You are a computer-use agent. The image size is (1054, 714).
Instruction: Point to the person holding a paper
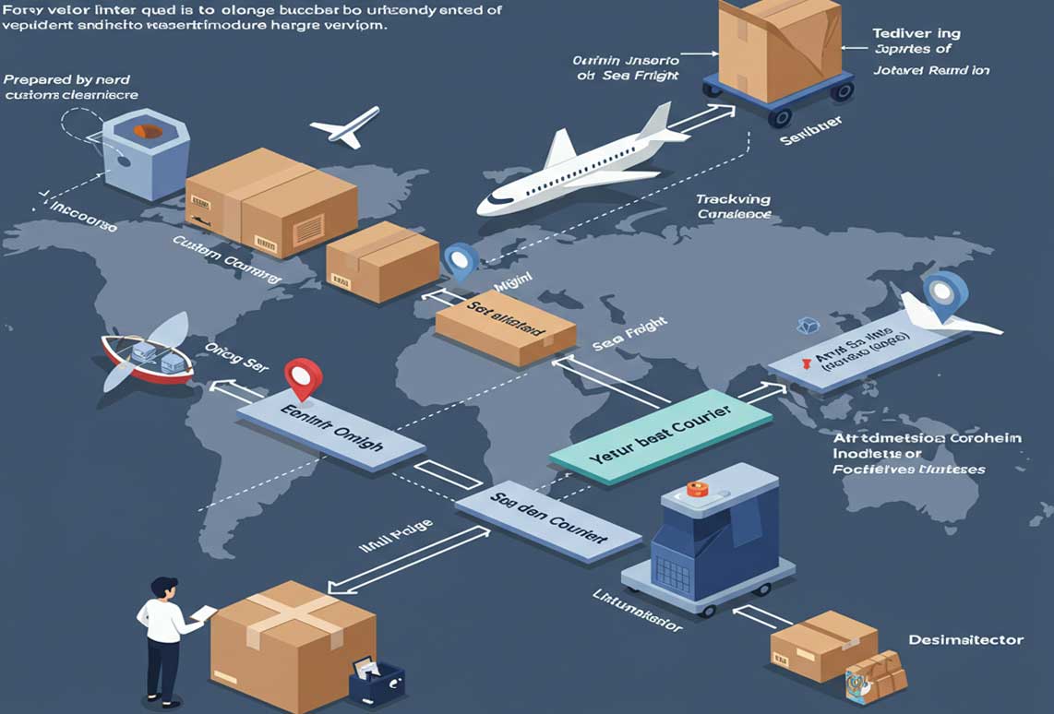[x=164, y=637]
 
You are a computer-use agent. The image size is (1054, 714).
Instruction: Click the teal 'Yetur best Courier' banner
[x=660, y=432]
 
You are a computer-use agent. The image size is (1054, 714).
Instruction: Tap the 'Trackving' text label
[x=733, y=199]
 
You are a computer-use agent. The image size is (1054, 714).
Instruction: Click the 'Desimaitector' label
[x=966, y=639]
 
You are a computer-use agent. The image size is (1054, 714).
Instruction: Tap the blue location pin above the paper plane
[x=945, y=294]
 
